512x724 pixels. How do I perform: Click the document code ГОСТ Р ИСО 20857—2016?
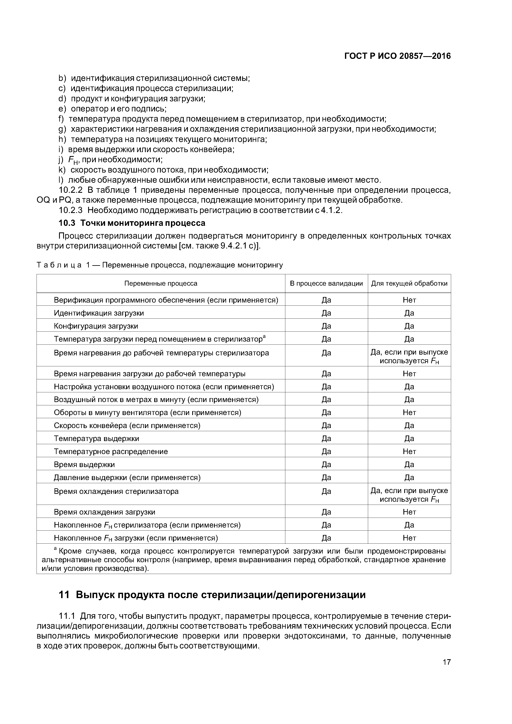[397, 56]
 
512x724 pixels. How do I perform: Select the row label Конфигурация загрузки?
[96, 326]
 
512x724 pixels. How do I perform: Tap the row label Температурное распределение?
[111, 451]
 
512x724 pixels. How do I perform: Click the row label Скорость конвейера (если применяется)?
[127, 425]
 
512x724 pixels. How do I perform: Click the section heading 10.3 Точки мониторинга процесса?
[132, 223]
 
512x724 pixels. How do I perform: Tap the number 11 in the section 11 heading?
[64, 595]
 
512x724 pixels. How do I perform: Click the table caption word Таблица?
[59, 265]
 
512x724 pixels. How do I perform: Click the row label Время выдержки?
[84, 464]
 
